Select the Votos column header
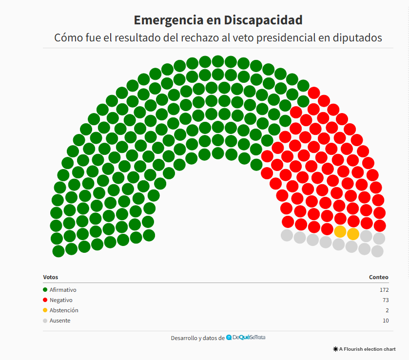50,277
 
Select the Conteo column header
379,277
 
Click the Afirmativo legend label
63,290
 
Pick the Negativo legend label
61,300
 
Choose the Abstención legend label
64,310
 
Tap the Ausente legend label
60,321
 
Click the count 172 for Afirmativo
384,290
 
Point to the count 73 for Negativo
385,300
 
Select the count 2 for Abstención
387,310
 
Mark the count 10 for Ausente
386,321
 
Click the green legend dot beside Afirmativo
45,290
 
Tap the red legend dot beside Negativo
45,300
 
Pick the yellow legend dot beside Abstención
45,310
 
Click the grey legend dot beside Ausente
45,321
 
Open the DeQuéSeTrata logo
246,338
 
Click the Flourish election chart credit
365,349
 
